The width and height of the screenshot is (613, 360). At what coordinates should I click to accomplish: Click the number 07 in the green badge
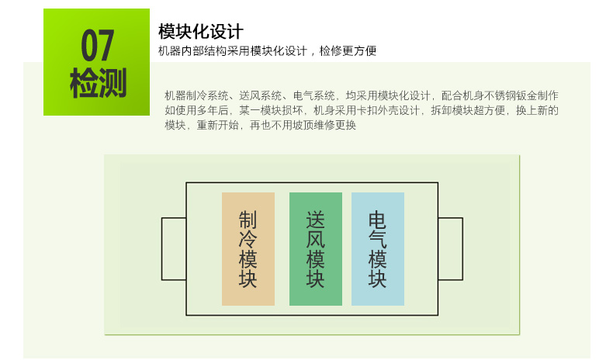(97, 45)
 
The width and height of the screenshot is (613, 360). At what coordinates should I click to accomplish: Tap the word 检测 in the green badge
(98, 82)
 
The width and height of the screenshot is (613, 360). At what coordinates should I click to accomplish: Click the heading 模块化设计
(200, 31)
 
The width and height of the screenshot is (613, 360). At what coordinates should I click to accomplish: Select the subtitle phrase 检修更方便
(348, 50)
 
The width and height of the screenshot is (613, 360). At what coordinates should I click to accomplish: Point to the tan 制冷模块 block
(248, 249)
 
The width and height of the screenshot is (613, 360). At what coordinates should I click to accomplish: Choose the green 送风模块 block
(316, 249)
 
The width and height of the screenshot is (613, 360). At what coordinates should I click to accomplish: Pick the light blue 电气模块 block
(378, 249)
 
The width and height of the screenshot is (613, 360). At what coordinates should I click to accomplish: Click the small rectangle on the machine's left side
(162, 249)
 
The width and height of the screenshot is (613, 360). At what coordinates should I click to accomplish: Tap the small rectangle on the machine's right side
(462, 249)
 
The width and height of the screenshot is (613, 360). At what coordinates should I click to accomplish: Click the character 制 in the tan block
(248, 220)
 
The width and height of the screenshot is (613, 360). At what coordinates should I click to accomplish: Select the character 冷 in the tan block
(248, 239)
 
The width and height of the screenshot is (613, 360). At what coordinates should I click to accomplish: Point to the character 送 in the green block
(316, 220)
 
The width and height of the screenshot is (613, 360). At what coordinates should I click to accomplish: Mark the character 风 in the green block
(316, 239)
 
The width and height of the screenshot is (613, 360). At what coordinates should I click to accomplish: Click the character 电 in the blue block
(378, 220)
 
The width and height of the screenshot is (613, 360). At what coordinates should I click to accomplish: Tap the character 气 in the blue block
(378, 239)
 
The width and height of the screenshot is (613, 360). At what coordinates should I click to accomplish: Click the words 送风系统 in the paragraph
(261, 95)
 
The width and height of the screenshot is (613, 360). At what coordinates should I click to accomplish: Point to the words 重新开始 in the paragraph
(218, 126)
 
